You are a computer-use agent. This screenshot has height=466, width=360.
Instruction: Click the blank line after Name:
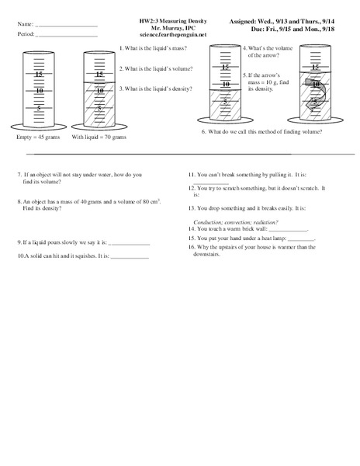[67, 27]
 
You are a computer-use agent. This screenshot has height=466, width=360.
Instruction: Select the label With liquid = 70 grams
[99, 137]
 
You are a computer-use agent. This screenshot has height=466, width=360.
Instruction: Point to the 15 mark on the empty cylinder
[38, 74]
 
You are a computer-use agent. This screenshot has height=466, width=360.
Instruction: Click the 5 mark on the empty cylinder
[38, 108]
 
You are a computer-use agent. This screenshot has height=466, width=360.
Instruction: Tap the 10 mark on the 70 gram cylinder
[99, 91]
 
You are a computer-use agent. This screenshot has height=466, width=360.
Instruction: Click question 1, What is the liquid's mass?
[157, 48]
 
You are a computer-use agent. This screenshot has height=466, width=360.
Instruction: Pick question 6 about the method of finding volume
[262, 132]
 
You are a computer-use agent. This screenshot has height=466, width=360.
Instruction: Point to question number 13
[192, 209]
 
